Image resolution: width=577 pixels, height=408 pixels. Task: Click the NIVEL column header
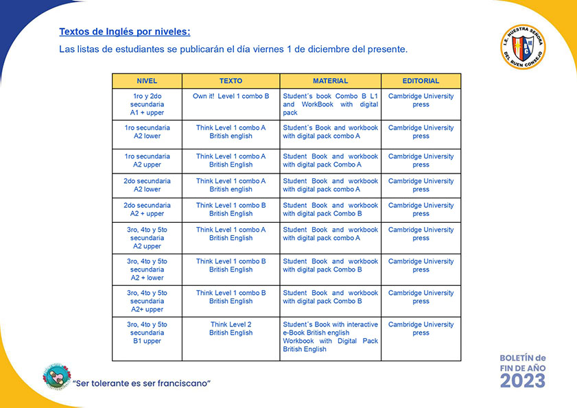pos(147,81)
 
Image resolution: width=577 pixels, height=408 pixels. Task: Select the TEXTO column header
pos(231,81)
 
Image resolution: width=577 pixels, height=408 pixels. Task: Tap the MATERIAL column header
pos(330,81)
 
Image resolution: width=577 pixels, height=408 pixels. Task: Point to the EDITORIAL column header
pos(421,81)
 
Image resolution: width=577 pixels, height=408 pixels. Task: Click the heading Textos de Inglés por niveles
pos(125,32)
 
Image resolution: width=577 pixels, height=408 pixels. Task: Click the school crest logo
pos(523,47)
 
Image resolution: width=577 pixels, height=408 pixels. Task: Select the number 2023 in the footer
pos(523,380)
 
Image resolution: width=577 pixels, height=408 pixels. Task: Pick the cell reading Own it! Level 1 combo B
pos(231,97)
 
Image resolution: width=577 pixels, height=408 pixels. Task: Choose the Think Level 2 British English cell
pos(231,328)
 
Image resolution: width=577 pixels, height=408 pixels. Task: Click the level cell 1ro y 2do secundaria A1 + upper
pos(147,104)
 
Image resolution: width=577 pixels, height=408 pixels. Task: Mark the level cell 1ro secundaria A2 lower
pos(147,132)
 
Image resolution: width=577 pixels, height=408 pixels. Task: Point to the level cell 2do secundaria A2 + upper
pos(147,209)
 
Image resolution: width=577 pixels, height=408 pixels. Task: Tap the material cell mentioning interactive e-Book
pos(330,337)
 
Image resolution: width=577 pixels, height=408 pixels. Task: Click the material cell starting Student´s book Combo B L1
pos(330,104)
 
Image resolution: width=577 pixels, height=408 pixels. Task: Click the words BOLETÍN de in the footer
pos(522,358)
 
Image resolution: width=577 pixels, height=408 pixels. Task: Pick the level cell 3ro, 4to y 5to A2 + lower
pos(147,269)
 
